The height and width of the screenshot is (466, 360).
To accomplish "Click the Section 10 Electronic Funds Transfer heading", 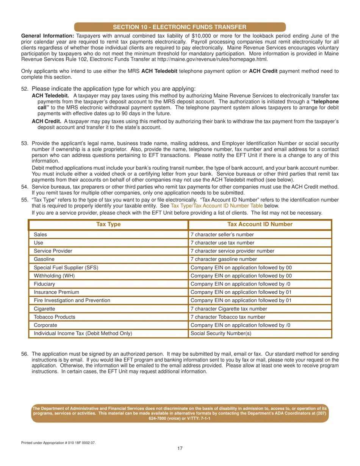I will (180, 27).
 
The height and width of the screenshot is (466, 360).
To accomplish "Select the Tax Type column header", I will (108, 224).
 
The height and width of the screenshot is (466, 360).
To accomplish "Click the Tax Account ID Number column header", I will (260, 224).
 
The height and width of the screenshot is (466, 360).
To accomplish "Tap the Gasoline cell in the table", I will (44, 259).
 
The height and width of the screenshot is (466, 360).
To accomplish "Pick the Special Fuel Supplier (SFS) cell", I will (66, 267).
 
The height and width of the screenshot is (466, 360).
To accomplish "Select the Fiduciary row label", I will (44, 284).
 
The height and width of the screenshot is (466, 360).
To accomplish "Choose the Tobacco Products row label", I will (55, 317).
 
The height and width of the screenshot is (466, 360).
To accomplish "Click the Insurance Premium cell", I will (56, 292).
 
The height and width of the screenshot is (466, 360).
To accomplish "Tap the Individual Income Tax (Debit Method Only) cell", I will (83, 333).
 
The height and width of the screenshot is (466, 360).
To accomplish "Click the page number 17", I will (180, 448).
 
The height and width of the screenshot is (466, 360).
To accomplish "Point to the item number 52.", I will (25, 89).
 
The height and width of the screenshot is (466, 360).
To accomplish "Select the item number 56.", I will (25, 354).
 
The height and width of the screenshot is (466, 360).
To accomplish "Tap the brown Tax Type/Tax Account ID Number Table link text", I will (216, 206).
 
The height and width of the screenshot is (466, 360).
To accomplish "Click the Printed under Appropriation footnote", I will (58, 443).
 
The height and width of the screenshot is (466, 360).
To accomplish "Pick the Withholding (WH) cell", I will (54, 276).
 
